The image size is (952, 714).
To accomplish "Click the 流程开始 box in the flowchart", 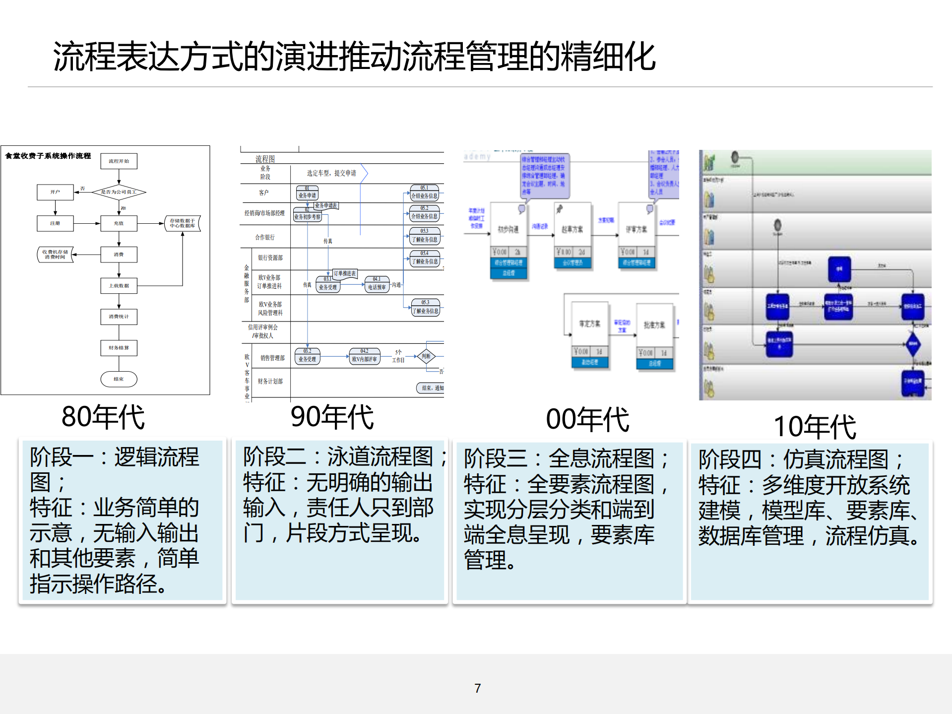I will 119,161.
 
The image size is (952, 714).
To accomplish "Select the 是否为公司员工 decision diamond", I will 119,192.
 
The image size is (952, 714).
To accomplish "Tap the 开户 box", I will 55,192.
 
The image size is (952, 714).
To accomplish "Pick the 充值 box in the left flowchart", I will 119,223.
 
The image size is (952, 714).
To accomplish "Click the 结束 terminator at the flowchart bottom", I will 119,379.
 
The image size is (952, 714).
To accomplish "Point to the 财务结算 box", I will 119,348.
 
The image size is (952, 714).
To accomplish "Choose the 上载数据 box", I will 119,286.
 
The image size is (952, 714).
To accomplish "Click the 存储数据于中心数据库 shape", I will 183,223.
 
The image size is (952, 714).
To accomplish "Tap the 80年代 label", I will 103,417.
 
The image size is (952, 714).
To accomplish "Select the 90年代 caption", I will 332,417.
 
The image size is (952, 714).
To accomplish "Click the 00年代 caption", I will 587,420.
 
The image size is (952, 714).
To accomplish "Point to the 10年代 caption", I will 815,427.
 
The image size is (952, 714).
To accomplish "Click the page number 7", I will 477,688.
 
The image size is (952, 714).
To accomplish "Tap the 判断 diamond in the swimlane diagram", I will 426,356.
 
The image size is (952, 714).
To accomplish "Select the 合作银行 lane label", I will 265,238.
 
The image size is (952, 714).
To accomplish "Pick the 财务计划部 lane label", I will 270,381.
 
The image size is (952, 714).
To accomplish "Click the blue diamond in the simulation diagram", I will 913,344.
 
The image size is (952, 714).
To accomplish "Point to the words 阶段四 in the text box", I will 729,459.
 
